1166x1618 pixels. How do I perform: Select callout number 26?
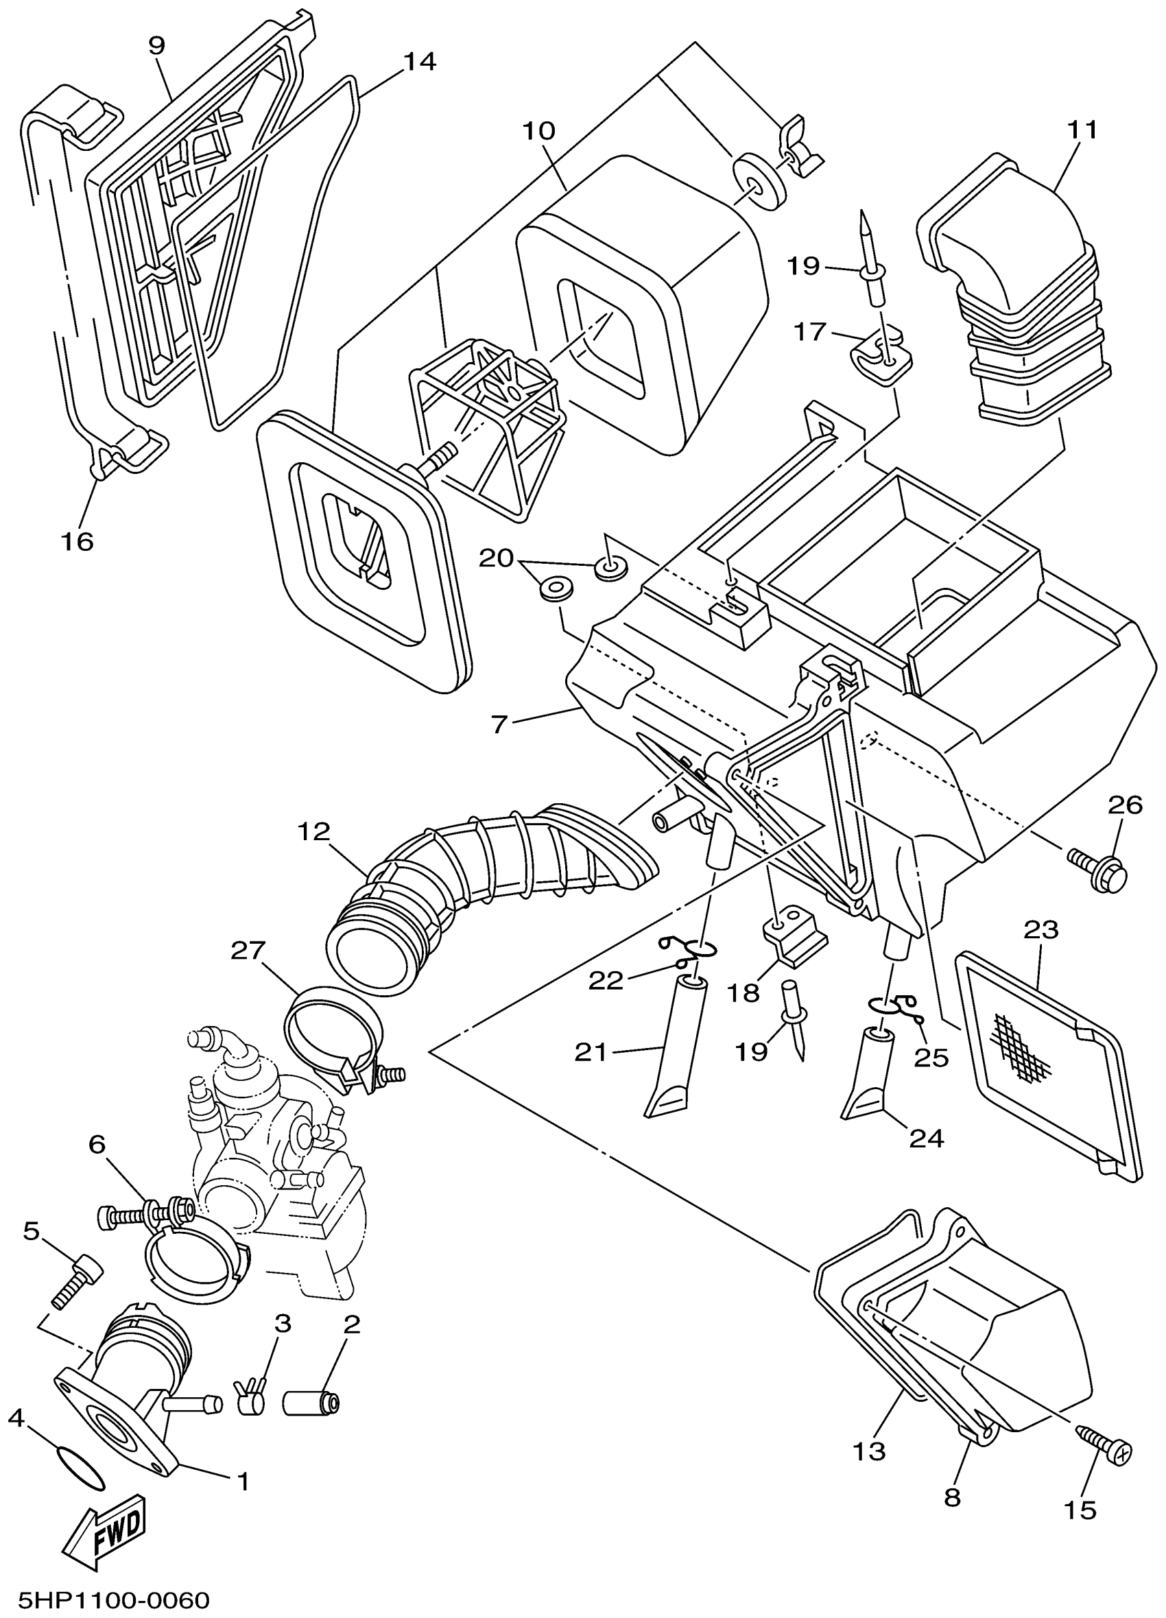point(1125,805)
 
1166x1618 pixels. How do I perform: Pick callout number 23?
point(1041,929)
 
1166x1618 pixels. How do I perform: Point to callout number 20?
point(496,557)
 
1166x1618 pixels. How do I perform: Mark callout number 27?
point(248,949)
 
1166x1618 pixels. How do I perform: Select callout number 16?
point(77,541)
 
